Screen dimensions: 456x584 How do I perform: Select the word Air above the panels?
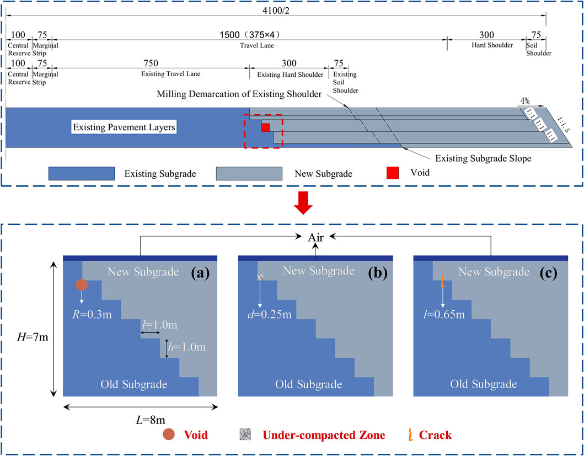click(315, 238)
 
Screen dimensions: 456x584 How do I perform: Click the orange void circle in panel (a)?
click(82, 285)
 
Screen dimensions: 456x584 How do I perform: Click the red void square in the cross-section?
click(265, 128)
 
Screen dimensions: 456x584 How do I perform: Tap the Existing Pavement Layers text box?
click(124, 128)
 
